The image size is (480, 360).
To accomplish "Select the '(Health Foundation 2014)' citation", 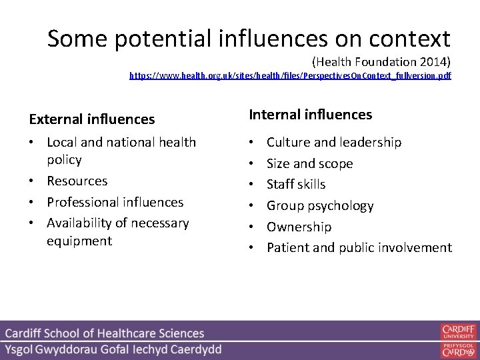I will point(381,62).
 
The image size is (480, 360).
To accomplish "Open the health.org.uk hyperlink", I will point(290,76).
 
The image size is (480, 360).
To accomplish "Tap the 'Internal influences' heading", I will point(311,115).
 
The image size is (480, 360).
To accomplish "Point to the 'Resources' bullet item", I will point(77,181).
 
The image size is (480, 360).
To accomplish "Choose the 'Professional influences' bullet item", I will point(115,202).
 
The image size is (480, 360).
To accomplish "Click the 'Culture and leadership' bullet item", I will point(334,142).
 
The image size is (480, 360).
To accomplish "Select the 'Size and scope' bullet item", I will point(310,163).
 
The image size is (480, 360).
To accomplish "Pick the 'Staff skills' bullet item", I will point(296,184).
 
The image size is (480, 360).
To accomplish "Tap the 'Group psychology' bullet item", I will point(320,205).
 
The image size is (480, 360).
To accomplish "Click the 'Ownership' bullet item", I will point(299,227).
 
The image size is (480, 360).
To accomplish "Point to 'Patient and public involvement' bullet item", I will point(359,247).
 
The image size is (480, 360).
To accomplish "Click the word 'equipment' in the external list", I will point(79,241).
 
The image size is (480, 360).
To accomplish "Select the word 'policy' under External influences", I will point(65,160).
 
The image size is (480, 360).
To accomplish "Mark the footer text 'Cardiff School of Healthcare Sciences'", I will point(105,333).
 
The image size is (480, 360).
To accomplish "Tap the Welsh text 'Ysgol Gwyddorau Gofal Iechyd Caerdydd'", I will point(113,349).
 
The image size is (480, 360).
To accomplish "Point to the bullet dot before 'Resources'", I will point(34,181).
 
